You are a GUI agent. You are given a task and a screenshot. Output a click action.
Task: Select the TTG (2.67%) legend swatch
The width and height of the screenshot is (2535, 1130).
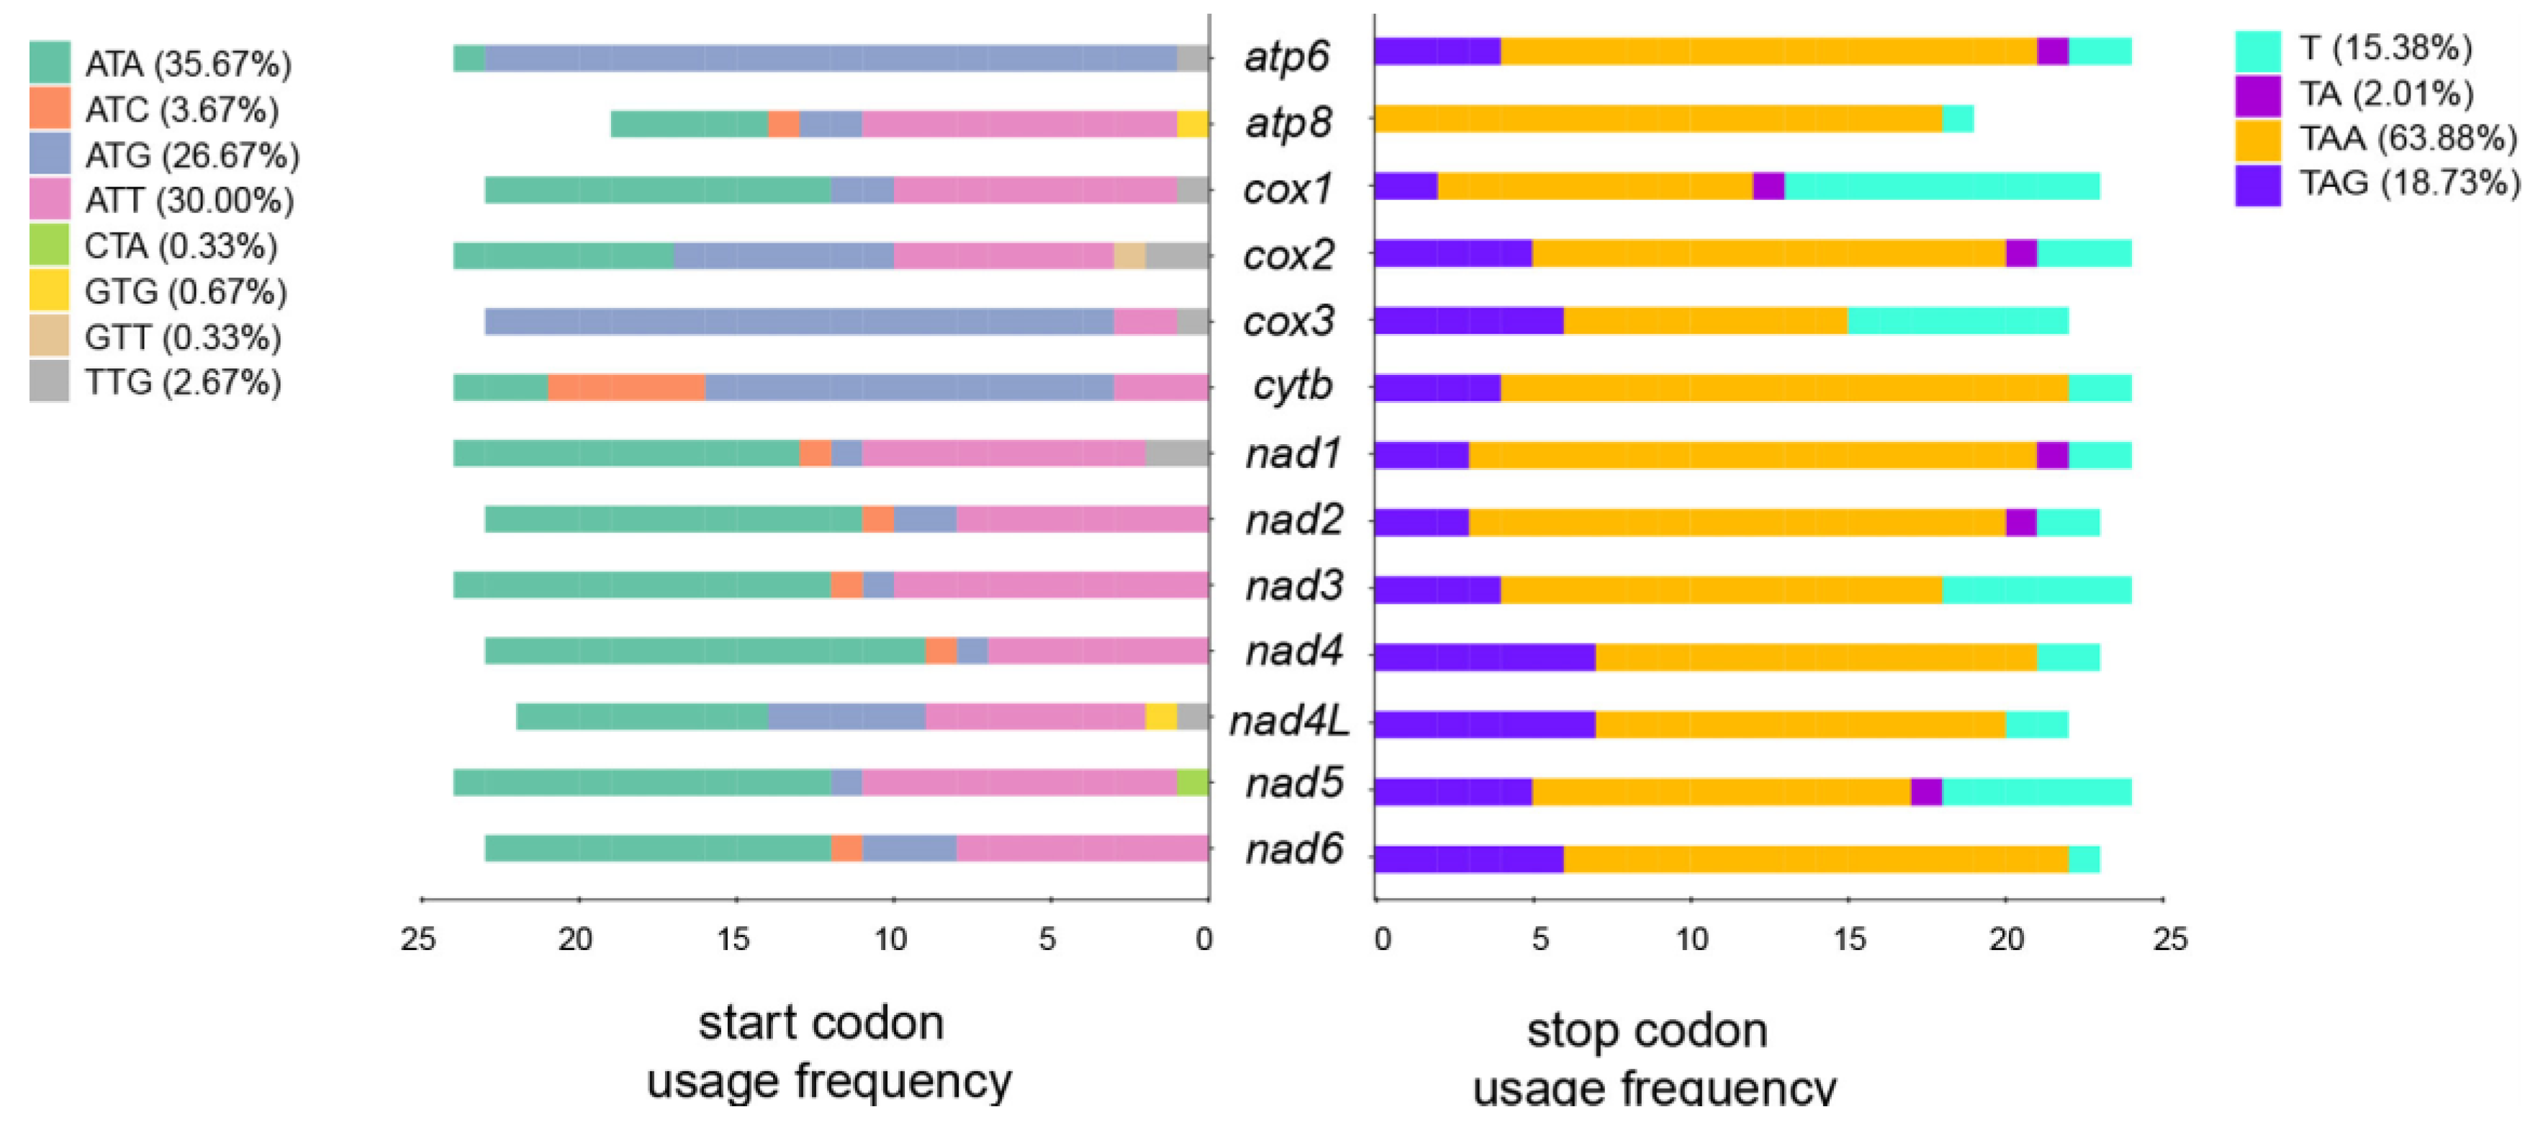coord(49,381)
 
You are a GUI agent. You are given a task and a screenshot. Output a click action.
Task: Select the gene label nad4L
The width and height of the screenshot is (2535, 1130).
coord(1289,721)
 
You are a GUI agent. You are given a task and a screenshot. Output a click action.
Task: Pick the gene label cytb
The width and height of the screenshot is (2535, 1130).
coord(1292,386)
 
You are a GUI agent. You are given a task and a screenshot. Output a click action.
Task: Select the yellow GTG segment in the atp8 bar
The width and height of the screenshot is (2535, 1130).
coord(1192,124)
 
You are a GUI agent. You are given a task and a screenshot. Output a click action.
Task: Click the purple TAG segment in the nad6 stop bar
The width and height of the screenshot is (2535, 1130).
coord(1468,859)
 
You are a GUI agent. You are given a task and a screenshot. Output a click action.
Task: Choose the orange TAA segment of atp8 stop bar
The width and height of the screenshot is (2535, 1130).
coord(1658,119)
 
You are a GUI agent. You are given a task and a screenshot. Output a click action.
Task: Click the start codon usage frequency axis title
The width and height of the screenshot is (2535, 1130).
coord(826,1052)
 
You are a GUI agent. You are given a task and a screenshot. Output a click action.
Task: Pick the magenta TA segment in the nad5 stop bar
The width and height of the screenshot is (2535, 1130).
coord(1926,792)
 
